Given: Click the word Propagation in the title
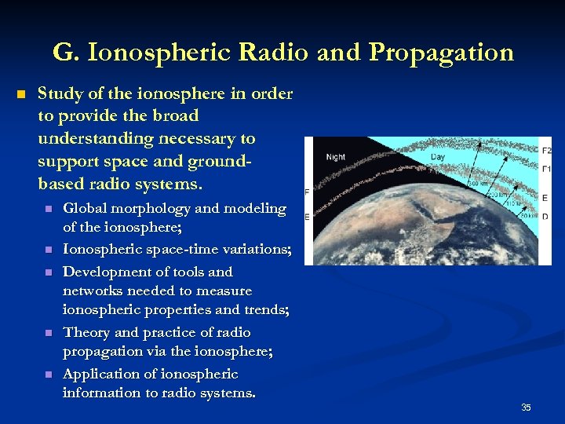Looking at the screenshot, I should [441, 53].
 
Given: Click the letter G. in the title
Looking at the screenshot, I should [65, 53].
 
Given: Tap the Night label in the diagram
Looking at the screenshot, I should [335, 157].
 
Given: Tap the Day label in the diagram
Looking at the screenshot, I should [438, 157].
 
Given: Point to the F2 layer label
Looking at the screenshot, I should [546, 149].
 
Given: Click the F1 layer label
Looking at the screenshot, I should [546, 169].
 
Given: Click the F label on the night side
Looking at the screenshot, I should [307, 192].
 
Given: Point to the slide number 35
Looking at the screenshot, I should [526, 407].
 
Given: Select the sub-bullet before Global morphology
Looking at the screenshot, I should [48, 210].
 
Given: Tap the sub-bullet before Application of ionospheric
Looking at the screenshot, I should [48, 375].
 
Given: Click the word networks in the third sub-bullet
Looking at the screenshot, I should [91, 291].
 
